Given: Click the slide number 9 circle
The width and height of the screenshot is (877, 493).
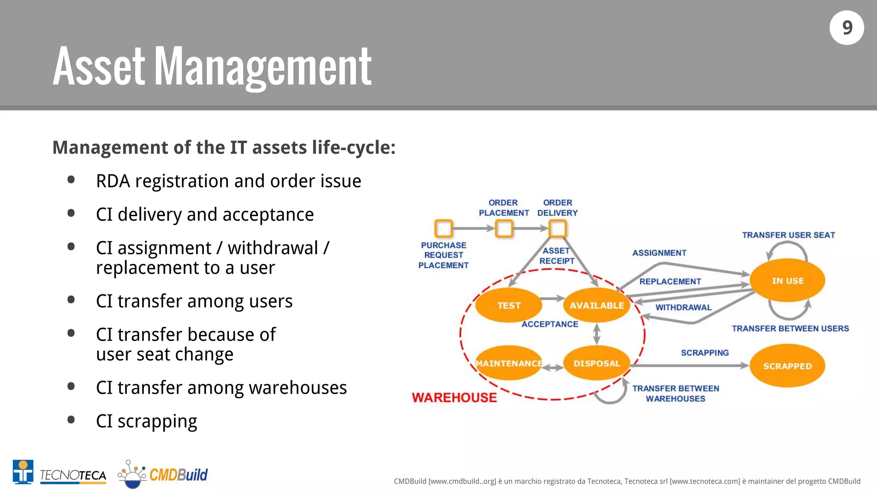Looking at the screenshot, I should pos(847,28).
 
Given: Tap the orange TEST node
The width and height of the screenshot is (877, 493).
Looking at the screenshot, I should pos(509,306).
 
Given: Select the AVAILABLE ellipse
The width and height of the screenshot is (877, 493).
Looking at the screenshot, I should pos(597,306).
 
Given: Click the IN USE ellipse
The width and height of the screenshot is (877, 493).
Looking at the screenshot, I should pos(787,281).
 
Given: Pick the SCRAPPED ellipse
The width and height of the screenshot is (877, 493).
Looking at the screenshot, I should pos(787,366).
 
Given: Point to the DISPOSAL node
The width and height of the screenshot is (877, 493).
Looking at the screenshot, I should pos(597,363).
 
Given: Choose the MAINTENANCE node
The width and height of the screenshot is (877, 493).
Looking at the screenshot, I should pos(509,363).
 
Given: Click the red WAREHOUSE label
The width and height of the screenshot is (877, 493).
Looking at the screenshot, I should pos(454,398).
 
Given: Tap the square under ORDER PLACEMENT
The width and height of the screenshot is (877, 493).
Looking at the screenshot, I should pos(504,229).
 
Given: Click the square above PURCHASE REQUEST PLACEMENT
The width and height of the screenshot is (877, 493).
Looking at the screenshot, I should pos(443,228).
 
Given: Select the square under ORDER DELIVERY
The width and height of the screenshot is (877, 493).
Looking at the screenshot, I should pos(558,229).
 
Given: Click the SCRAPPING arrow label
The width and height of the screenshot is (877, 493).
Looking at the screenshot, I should pos(705,353).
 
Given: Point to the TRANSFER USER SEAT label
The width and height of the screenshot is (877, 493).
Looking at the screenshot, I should pos(788,235).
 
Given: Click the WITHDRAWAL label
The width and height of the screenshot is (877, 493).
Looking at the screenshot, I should pos(683,307).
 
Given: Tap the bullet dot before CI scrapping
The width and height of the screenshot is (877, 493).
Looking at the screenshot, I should pos(71,420).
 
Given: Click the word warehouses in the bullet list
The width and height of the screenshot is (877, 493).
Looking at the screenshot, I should pos(298,388).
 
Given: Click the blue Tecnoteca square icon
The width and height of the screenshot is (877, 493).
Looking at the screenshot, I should pos(23,472).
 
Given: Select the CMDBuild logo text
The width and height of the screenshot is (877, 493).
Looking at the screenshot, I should pos(178,475).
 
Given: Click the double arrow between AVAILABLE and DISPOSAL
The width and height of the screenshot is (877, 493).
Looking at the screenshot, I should pos(597,334).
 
